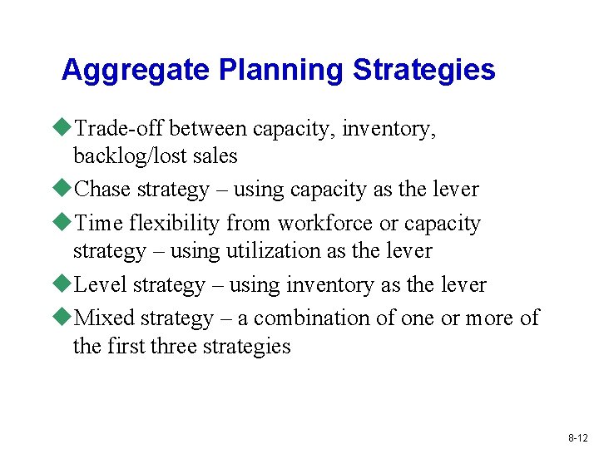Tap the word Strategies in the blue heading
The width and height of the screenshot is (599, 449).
424,71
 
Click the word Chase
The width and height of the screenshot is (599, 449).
103,190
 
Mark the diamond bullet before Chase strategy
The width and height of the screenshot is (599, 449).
65,189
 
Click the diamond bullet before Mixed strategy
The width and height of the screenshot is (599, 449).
65,318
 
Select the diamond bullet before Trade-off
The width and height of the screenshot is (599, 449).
65,128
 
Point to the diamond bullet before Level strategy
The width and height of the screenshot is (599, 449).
65,284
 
